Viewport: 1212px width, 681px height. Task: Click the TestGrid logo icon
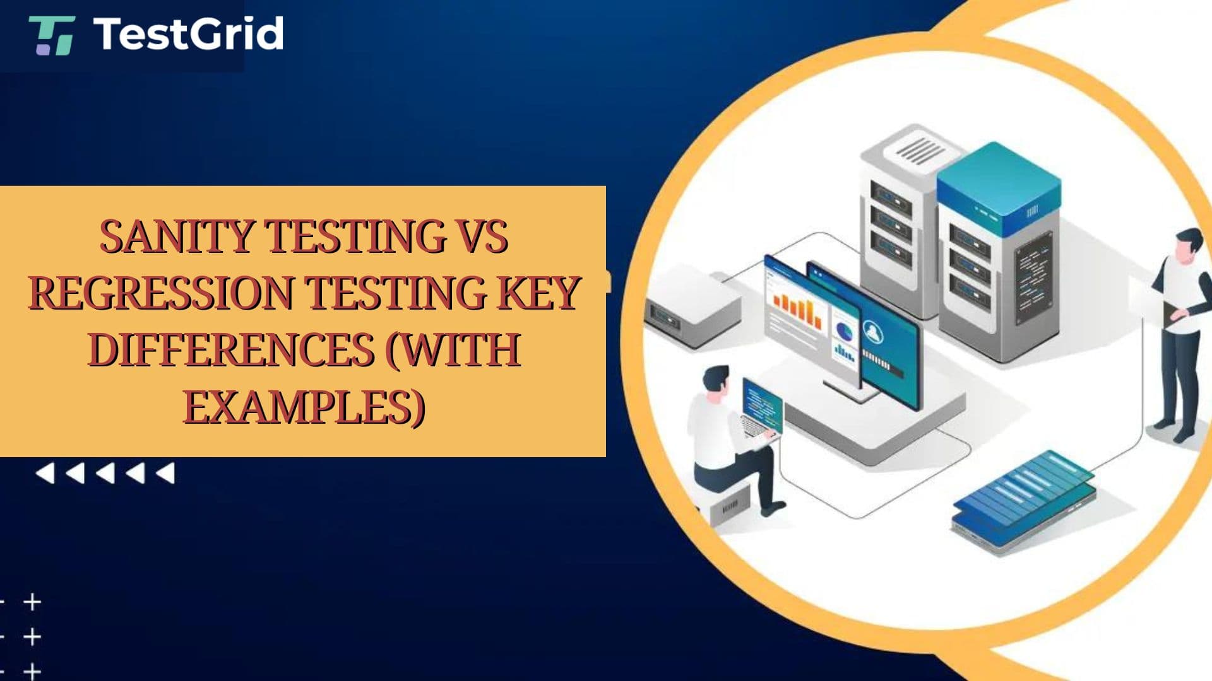[x=52, y=36]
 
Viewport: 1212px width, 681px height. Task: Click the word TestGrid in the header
[x=188, y=34]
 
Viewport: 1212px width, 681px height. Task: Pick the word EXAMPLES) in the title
[x=304, y=407]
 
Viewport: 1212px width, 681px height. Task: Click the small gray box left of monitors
[x=692, y=305]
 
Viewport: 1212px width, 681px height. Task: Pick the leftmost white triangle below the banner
[x=45, y=473]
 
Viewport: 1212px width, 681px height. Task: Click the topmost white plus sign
[x=32, y=602]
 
